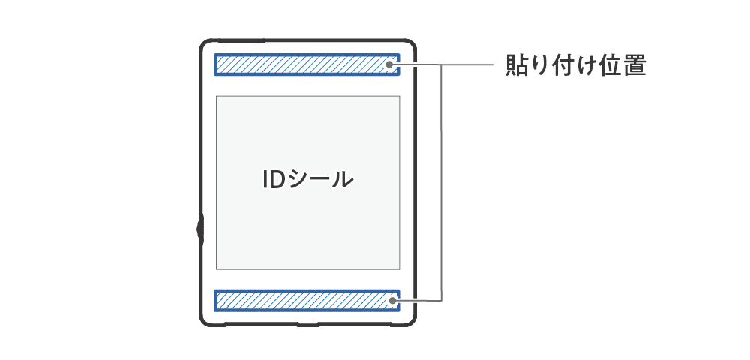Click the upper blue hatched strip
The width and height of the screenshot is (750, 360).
coord(307,64)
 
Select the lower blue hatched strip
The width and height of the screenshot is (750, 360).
coord(307,300)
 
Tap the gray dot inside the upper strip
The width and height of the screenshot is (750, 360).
coord(391,64)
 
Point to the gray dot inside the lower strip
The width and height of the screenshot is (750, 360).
coord(391,300)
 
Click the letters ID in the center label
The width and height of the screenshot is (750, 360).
coord(274,180)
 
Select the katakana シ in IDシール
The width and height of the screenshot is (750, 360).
coord(298,180)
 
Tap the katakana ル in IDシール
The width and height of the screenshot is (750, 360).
coord(342,180)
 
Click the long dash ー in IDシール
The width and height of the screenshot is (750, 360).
coord(319,180)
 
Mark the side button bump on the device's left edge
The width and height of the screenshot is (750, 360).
coord(199,230)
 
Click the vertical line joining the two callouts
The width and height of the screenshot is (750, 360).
coord(442,183)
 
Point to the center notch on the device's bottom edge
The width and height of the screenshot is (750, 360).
coord(308,325)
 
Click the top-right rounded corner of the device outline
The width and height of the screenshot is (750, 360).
coord(410,46)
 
